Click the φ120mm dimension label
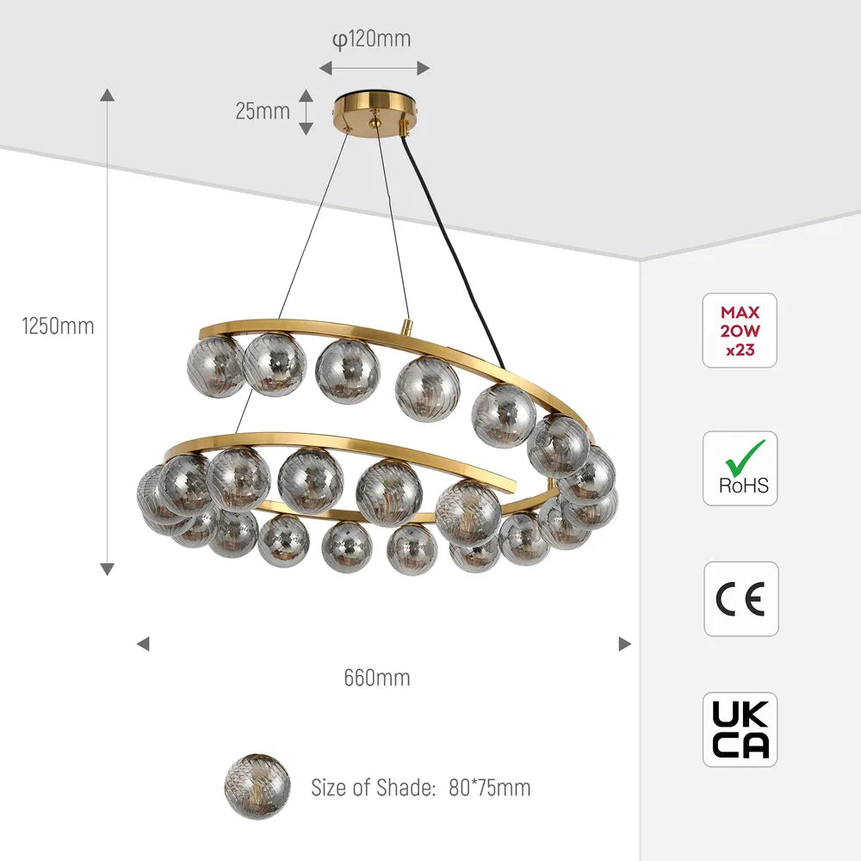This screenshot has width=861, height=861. [372, 39]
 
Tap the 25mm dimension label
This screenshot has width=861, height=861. [263, 111]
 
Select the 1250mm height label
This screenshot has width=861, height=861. [59, 326]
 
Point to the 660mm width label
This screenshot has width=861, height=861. [377, 678]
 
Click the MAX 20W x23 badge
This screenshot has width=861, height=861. [740, 331]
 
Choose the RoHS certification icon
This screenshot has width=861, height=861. [740, 468]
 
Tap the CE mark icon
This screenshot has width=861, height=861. [740, 598]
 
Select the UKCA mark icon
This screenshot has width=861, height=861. [740, 729]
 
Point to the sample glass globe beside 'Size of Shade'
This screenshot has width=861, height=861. [257, 786]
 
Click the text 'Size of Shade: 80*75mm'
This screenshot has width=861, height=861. [420, 787]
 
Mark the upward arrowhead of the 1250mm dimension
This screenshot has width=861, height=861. [108, 94]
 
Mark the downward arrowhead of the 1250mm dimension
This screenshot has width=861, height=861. [108, 568]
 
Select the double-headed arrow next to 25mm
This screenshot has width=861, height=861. [306, 111]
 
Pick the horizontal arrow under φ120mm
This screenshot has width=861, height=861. [375, 68]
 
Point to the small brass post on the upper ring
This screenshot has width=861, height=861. [406, 328]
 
